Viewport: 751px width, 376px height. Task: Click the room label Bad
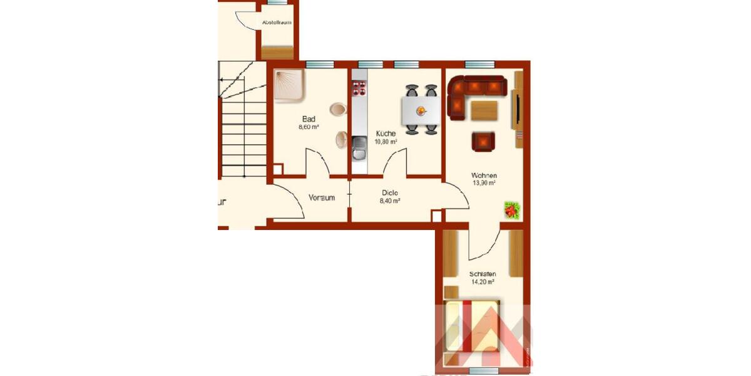pos(309,119)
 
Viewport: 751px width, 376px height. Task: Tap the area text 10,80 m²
pos(386,142)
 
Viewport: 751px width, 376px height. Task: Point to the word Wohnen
pos(484,175)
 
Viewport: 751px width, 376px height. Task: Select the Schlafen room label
pos(483,274)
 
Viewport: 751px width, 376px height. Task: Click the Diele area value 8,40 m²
pos(390,201)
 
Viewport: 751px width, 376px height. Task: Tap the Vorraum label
pos(322,197)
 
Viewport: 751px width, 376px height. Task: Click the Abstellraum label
pos(277,23)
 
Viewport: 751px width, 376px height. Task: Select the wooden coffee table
pos(484,110)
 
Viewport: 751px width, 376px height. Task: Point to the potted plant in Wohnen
pos(513,210)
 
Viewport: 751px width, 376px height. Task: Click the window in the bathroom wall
pos(319,64)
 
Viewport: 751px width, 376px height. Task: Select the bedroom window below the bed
pos(483,371)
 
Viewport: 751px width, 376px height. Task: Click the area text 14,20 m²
pos(483,282)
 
